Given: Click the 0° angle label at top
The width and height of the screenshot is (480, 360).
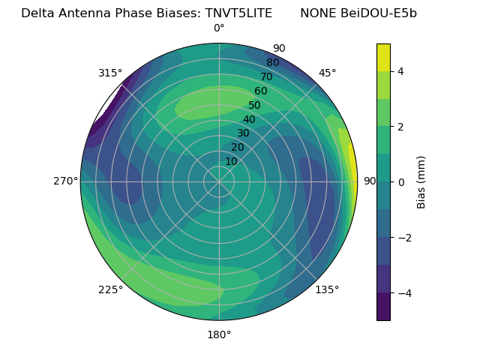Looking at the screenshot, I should (x=219, y=28).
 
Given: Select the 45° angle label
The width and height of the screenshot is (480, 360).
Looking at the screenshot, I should (x=327, y=73).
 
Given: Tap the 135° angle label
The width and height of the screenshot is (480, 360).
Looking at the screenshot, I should (x=327, y=289).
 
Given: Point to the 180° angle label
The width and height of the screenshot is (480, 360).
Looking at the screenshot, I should (x=219, y=334).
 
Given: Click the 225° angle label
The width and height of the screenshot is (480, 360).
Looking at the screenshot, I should (x=110, y=289).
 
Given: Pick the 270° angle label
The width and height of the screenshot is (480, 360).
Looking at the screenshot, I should (x=66, y=181).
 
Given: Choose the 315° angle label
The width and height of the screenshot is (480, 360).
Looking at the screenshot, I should (x=110, y=73).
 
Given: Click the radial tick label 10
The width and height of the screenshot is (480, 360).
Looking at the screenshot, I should (x=231, y=161).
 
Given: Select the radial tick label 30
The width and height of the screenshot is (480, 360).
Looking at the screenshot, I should (x=243, y=133).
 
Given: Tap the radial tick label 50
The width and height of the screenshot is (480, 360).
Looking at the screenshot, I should (x=254, y=106).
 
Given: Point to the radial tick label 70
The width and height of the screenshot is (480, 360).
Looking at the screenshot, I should (x=266, y=76).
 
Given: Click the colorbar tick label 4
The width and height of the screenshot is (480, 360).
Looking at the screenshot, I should (x=400, y=71).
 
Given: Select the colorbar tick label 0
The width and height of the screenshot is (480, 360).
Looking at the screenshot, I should (x=400, y=181).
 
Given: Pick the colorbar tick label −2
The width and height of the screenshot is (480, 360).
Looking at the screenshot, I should (x=403, y=238).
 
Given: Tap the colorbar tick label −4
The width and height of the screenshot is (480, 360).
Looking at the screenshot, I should (x=403, y=293).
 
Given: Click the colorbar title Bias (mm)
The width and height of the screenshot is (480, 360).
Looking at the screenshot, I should (x=421, y=181).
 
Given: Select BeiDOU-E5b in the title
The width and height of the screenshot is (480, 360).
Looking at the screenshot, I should (x=379, y=13).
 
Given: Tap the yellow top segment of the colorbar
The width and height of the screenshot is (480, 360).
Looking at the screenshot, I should (x=383, y=57).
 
